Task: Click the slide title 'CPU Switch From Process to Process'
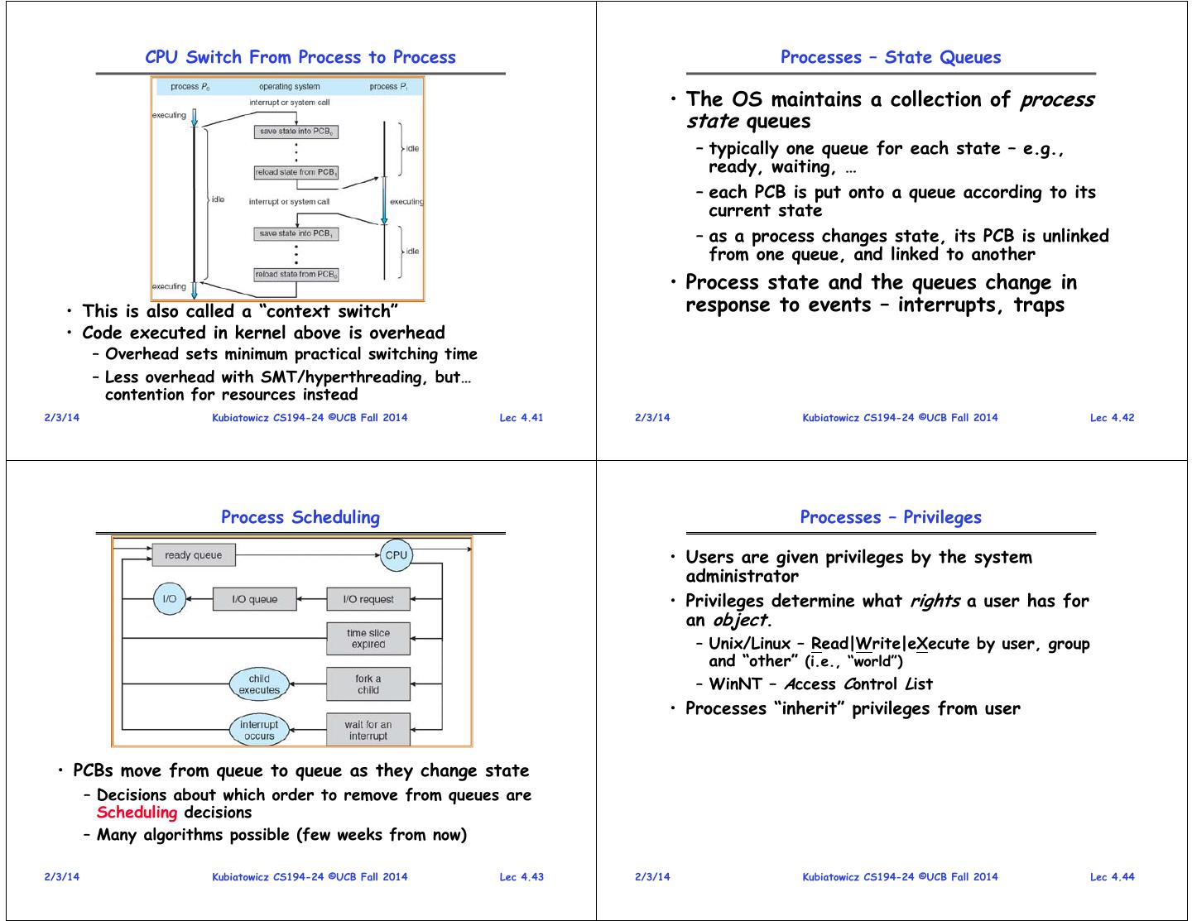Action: pos(300,57)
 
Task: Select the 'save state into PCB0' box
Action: pos(296,132)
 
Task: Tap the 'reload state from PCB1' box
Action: pos(296,173)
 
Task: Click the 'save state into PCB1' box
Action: pos(296,234)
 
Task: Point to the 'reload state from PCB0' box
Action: pos(296,275)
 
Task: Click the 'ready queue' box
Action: pos(193,555)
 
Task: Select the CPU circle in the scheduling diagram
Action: pos(396,555)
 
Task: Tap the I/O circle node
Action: pos(170,599)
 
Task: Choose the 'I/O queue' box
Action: pos(254,599)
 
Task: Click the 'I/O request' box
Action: pos(368,599)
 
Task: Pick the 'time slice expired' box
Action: pos(368,639)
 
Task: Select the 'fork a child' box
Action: pos(368,684)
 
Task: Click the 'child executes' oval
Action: pos(259,684)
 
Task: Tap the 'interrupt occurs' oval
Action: pos(259,730)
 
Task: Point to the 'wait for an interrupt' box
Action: pos(368,730)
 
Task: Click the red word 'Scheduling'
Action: pos(137,813)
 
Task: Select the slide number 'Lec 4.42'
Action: pos(1112,418)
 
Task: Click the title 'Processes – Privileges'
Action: pos(891,517)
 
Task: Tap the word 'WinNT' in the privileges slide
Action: pos(735,684)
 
